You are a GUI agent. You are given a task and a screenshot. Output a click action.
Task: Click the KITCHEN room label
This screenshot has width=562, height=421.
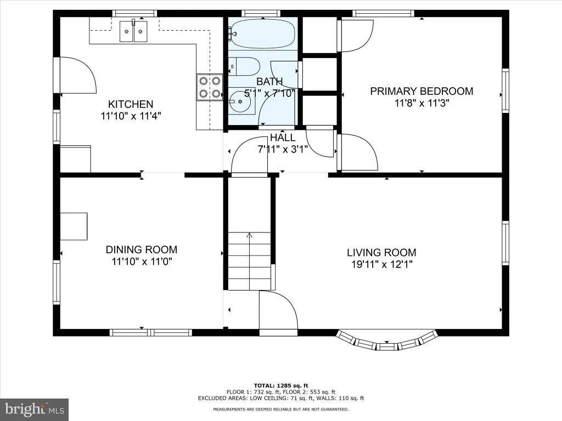[x=131, y=104]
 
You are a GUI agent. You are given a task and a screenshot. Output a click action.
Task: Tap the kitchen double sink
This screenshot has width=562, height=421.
[x=133, y=31]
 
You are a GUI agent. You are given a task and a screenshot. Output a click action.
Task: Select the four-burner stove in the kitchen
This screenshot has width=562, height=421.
[x=210, y=87]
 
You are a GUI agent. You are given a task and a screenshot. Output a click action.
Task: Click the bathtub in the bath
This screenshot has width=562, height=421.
[x=262, y=33]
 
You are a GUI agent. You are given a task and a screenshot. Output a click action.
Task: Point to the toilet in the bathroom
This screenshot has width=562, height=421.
[x=244, y=66]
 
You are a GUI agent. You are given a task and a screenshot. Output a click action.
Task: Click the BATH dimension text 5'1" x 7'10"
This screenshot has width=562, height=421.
[x=269, y=93]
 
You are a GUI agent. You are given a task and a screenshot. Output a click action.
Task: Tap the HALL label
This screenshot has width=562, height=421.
[x=283, y=138]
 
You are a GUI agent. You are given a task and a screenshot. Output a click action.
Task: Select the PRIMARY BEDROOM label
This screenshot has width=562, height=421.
[x=421, y=91]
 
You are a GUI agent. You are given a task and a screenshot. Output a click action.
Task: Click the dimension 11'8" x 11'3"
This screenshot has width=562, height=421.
[x=422, y=103]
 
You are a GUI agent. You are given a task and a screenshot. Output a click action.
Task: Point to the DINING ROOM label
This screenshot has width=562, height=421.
[x=142, y=249]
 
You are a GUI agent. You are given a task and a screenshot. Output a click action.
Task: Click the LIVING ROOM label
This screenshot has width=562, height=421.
[x=381, y=252]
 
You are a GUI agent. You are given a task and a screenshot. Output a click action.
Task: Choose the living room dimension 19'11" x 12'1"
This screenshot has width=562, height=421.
[x=382, y=265]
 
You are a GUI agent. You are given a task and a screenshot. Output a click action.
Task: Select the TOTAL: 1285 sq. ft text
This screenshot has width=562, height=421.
[x=281, y=385]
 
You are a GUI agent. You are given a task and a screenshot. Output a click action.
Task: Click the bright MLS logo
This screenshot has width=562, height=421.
[x=35, y=409]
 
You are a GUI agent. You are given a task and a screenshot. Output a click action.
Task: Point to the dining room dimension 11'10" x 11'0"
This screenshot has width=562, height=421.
[x=142, y=261]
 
